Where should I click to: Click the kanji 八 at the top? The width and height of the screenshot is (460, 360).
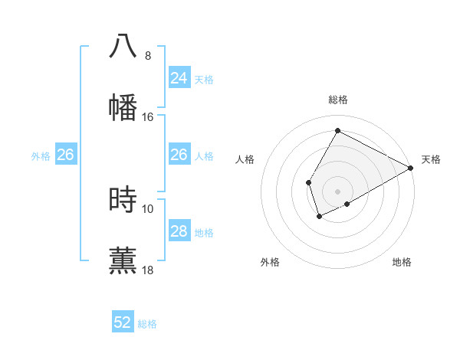pyautogui.click(x=123, y=46)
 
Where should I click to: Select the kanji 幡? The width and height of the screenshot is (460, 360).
pyautogui.click(x=123, y=107)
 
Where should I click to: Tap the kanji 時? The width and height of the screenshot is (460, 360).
pyautogui.click(x=123, y=199)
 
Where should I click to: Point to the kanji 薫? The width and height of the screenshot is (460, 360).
pyautogui.click(x=123, y=260)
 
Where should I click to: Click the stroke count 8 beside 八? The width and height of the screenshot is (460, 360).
pyautogui.click(x=148, y=56)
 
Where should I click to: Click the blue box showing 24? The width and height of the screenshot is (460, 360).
pyautogui.click(x=179, y=78)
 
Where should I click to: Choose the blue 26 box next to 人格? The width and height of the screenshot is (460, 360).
pyautogui.click(x=179, y=155)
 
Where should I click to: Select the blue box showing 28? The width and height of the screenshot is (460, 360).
pyautogui.click(x=179, y=231)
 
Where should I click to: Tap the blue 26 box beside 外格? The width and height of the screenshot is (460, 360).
pyautogui.click(x=65, y=155)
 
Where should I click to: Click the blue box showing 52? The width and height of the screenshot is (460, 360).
pyautogui.click(x=123, y=322)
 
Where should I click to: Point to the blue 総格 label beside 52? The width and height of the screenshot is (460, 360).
pyautogui.click(x=147, y=324)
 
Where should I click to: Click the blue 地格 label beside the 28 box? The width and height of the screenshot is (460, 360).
pyautogui.click(x=204, y=233)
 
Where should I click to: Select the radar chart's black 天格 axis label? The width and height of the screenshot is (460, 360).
pyautogui.click(x=431, y=159)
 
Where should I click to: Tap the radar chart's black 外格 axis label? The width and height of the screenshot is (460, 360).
pyautogui.click(x=270, y=262)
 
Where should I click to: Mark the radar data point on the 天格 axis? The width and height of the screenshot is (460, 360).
pyautogui.click(x=411, y=169)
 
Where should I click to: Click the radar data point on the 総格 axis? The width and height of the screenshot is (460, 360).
pyautogui.click(x=337, y=130)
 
